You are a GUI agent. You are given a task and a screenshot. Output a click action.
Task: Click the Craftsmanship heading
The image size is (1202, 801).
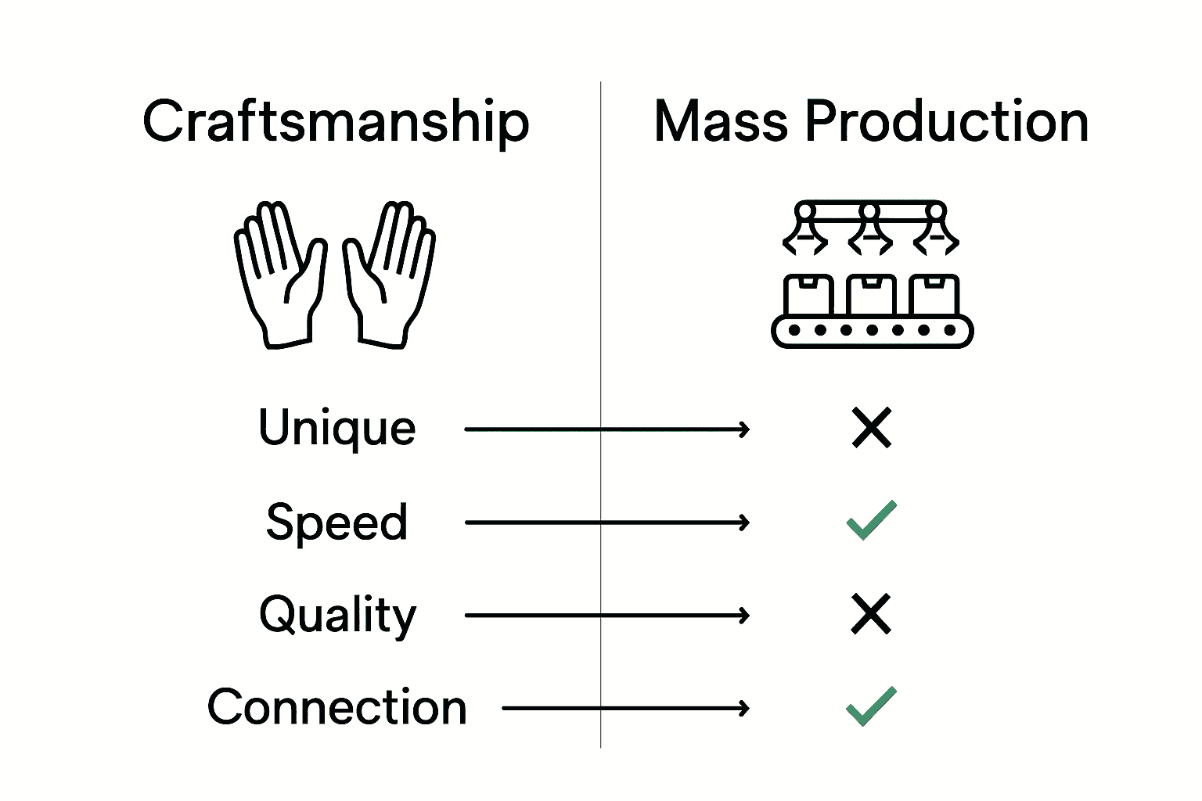[x=336, y=122]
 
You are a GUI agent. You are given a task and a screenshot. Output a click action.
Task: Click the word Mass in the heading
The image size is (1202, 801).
[x=720, y=122]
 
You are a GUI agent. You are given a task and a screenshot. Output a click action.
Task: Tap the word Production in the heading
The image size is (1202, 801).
[x=946, y=122]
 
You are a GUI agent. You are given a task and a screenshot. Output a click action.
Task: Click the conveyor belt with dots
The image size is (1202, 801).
[x=872, y=330]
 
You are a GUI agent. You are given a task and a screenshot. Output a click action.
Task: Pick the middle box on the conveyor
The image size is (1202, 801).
[x=872, y=295]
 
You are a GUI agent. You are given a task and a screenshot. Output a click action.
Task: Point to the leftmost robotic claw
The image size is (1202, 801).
[x=805, y=231]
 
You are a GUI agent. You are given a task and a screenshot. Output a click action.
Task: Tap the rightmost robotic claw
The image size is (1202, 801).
[x=936, y=231]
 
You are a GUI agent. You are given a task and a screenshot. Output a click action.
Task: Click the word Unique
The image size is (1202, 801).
[x=336, y=428]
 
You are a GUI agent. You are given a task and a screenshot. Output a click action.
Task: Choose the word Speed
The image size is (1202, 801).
[x=336, y=522]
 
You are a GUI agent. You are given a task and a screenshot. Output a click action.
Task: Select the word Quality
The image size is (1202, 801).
[x=337, y=616]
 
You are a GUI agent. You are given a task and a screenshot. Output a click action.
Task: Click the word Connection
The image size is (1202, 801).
[x=336, y=707]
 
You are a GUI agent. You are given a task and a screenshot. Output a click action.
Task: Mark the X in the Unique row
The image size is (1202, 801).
[x=871, y=428]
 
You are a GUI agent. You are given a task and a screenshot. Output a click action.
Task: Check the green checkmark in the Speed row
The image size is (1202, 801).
[x=871, y=520]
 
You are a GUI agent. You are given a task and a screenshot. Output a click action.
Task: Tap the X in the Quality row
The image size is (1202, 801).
[x=871, y=614]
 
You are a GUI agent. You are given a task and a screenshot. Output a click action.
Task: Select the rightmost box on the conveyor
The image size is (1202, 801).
[x=934, y=295]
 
